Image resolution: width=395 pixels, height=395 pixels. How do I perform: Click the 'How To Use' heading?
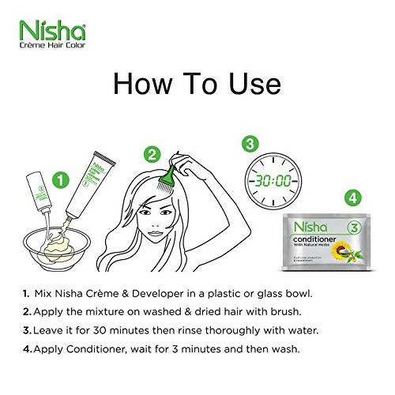coord(197,82)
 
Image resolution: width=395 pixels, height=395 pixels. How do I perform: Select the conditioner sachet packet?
coord(321,242)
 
